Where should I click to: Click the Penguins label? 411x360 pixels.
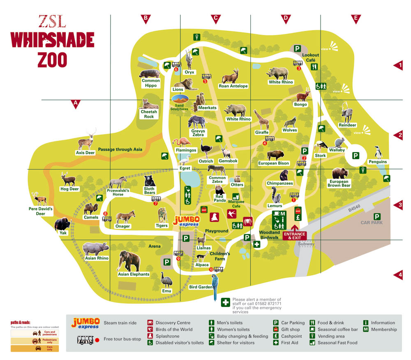tap(378, 162)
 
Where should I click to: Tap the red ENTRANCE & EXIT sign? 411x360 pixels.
tap(294, 236)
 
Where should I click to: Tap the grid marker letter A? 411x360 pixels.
tap(75, 104)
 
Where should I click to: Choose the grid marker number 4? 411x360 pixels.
tap(398, 275)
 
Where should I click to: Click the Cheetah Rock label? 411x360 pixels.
tap(149, 114)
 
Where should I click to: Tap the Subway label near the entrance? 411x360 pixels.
tap(307, 244)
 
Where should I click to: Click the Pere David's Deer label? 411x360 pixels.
tap(40, 211)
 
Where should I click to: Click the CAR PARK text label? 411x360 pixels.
tap(372, 223)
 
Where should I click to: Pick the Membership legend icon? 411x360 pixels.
tap(366, 329)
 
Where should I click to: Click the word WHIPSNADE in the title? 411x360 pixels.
tap(52, 40)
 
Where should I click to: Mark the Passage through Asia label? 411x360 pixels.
tap(120, 149)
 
